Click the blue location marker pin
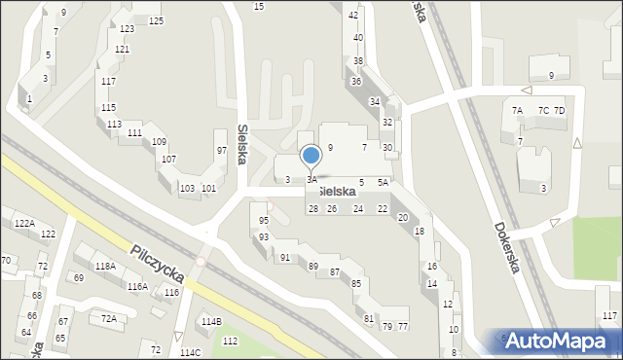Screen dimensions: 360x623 [311, 156]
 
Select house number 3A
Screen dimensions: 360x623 [311, 180]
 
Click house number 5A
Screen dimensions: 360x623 [384, 182]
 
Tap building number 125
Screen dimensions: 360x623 [156, 20]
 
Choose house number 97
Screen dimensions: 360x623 [221, 150]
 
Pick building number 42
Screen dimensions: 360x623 [353, 16]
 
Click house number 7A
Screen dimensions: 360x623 [518, 111]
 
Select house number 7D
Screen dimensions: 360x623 [559, 111]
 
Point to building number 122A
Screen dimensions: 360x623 [24, 224]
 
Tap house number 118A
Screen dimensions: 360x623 [105, 266]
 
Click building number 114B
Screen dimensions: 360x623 [211, 321]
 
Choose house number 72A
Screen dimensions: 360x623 [109, 318]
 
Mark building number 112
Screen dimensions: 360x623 [230, 341]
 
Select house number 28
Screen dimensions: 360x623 [313, 209]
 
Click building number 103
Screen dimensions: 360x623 [187, 188]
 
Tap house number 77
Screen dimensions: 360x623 [402, 326]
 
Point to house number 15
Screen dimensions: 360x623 [258, 7]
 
